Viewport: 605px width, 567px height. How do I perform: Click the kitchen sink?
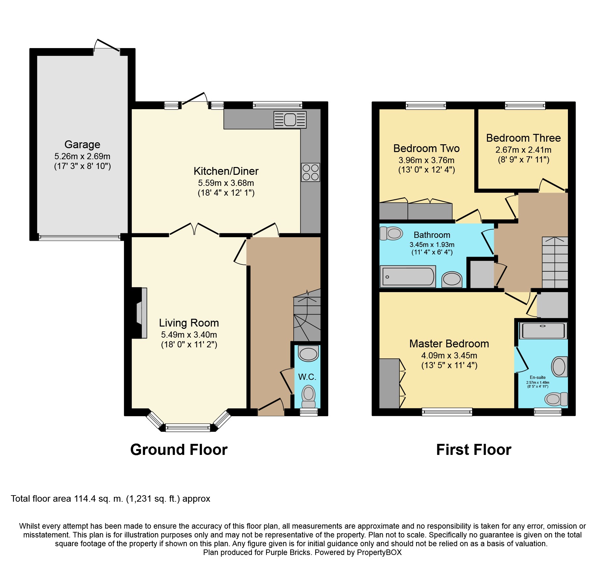[290, 120]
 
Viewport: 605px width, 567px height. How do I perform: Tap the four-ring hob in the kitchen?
[310, 172]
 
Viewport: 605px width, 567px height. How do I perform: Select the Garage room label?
[82, 144]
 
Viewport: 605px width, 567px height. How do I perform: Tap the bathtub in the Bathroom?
[408, 277]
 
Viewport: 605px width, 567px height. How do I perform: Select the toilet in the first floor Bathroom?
[391, 233]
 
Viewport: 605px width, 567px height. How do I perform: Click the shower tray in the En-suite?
[543, 330]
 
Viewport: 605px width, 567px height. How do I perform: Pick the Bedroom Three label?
[523, 138]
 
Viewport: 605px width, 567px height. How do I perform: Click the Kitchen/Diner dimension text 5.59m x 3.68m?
[226, 183]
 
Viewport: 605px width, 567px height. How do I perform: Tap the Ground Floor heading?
[179, 450]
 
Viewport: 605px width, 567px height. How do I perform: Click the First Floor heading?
[474, 450]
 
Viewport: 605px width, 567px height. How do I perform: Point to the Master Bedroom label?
[449, 343]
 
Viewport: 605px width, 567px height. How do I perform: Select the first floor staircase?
[555, 262]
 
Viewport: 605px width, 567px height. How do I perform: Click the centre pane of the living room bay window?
[188, 428]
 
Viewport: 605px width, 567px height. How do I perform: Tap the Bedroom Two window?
[426, 105]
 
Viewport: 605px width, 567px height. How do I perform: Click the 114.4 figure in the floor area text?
[85, 499]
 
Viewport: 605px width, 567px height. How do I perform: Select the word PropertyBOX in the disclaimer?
[379, 552]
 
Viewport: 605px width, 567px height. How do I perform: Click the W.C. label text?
[307, 377]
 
